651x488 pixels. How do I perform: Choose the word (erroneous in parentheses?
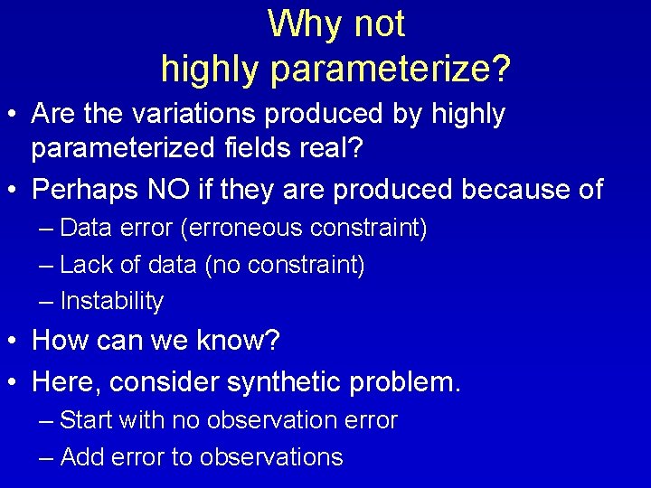point(242,228)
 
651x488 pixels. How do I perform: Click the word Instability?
point(111,301)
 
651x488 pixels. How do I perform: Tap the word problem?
point(407,382)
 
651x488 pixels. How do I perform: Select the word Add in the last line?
point(81,457)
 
